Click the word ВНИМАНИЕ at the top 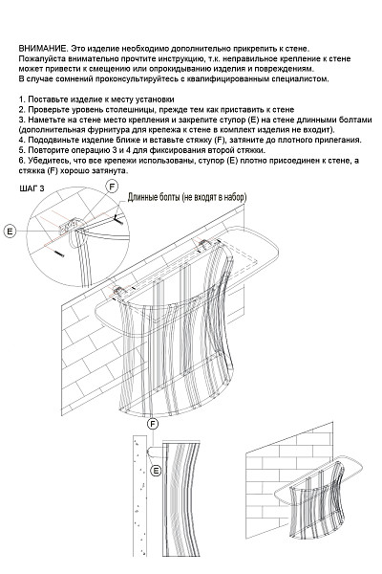[42, 49]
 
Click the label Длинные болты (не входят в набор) [187, 197]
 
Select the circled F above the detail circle [112, 187]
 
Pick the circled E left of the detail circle [10, 231]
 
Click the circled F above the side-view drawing [153, 424]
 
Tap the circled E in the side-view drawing [156, 471]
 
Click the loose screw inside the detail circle [58, 253]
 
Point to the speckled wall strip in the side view [139, 495]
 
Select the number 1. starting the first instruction [22, 99]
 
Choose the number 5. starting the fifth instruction [22, 150]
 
